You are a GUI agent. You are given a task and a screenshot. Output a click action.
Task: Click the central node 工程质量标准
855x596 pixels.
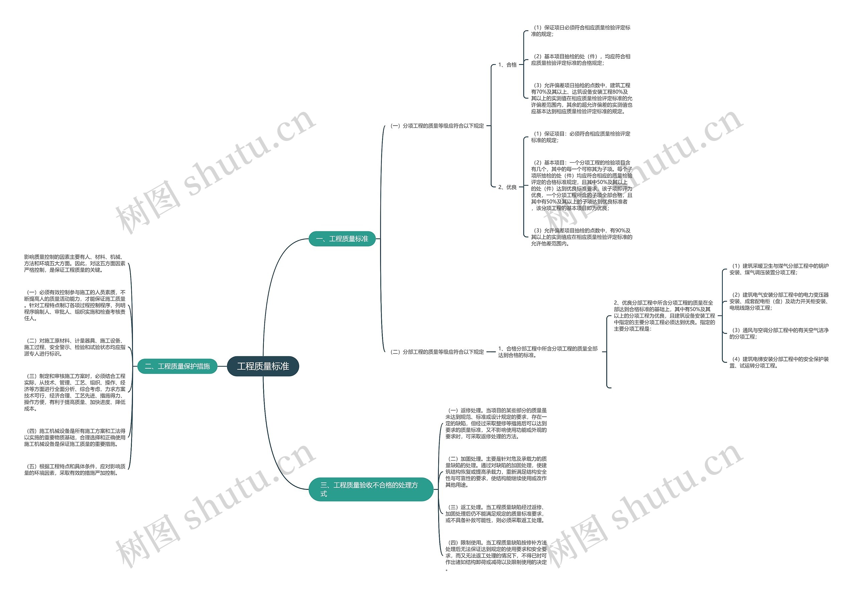point(263,366)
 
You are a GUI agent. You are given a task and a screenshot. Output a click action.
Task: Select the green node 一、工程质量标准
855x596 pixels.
point(342,239)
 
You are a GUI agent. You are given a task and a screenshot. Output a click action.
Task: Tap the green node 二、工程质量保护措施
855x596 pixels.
point(177,366)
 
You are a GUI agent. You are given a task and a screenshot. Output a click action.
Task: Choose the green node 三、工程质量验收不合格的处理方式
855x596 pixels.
point(370,489)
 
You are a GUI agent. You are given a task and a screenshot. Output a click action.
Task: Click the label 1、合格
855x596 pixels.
point(507,65)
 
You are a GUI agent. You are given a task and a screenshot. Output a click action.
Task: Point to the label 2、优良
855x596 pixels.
point(507,187)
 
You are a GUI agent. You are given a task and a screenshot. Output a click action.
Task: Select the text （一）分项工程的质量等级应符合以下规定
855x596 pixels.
point(437,126)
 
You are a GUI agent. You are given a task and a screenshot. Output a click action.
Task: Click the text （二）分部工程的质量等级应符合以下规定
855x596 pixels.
point(437,352)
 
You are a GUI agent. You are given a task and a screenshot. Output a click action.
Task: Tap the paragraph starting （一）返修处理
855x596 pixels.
point(496,423)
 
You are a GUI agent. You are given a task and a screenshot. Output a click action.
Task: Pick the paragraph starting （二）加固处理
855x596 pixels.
point(496,472)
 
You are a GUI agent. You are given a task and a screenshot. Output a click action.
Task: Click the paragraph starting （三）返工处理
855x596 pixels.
point(496,514)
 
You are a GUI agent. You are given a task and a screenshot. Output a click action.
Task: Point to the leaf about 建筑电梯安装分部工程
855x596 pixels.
point(779,362)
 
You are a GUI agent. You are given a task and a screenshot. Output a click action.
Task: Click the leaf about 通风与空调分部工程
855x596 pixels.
point(779,333)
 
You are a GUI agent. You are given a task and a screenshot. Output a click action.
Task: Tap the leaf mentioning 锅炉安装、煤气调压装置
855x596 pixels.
point(779,269)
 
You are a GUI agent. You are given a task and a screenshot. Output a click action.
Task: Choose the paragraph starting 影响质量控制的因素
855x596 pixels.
point(74,263)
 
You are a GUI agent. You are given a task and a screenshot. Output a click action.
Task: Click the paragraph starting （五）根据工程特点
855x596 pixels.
point(74,469)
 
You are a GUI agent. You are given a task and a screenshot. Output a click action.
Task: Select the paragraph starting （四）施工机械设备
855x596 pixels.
point(74,437)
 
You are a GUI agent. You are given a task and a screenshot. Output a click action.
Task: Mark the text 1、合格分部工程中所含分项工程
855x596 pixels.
point(547,352)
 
